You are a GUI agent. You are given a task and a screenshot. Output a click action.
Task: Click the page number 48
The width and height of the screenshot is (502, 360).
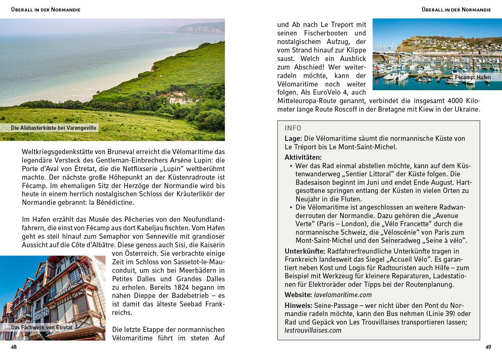(14, 347)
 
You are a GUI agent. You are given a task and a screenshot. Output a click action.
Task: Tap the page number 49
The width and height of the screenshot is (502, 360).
(488, 347)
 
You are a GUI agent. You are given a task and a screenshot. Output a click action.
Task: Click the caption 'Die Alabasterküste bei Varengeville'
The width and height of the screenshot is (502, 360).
(54, 128)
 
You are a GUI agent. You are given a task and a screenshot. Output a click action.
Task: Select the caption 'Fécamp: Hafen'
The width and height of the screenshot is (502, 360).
(473, 77)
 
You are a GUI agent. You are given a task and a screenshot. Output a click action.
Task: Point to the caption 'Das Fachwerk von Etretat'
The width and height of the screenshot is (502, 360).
(42, 327)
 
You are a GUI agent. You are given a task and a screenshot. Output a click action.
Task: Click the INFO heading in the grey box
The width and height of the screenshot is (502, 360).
(293, 128)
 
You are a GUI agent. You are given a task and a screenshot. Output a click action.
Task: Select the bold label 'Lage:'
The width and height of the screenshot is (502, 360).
(293, 139)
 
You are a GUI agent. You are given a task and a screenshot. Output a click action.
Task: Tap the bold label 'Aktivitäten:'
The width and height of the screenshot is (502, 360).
(303, 157)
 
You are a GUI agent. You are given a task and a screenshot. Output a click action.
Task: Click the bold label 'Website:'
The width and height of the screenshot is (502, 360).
(298, 295)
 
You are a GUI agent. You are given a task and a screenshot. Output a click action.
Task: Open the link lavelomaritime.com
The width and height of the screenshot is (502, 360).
(343, 295)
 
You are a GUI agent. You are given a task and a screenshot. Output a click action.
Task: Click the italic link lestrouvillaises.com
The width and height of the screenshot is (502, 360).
(313, 330)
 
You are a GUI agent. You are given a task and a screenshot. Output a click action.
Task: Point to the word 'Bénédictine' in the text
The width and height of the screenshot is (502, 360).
(115, 203)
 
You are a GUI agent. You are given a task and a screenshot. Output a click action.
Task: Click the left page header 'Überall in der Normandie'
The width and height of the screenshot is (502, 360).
(46, 10)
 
